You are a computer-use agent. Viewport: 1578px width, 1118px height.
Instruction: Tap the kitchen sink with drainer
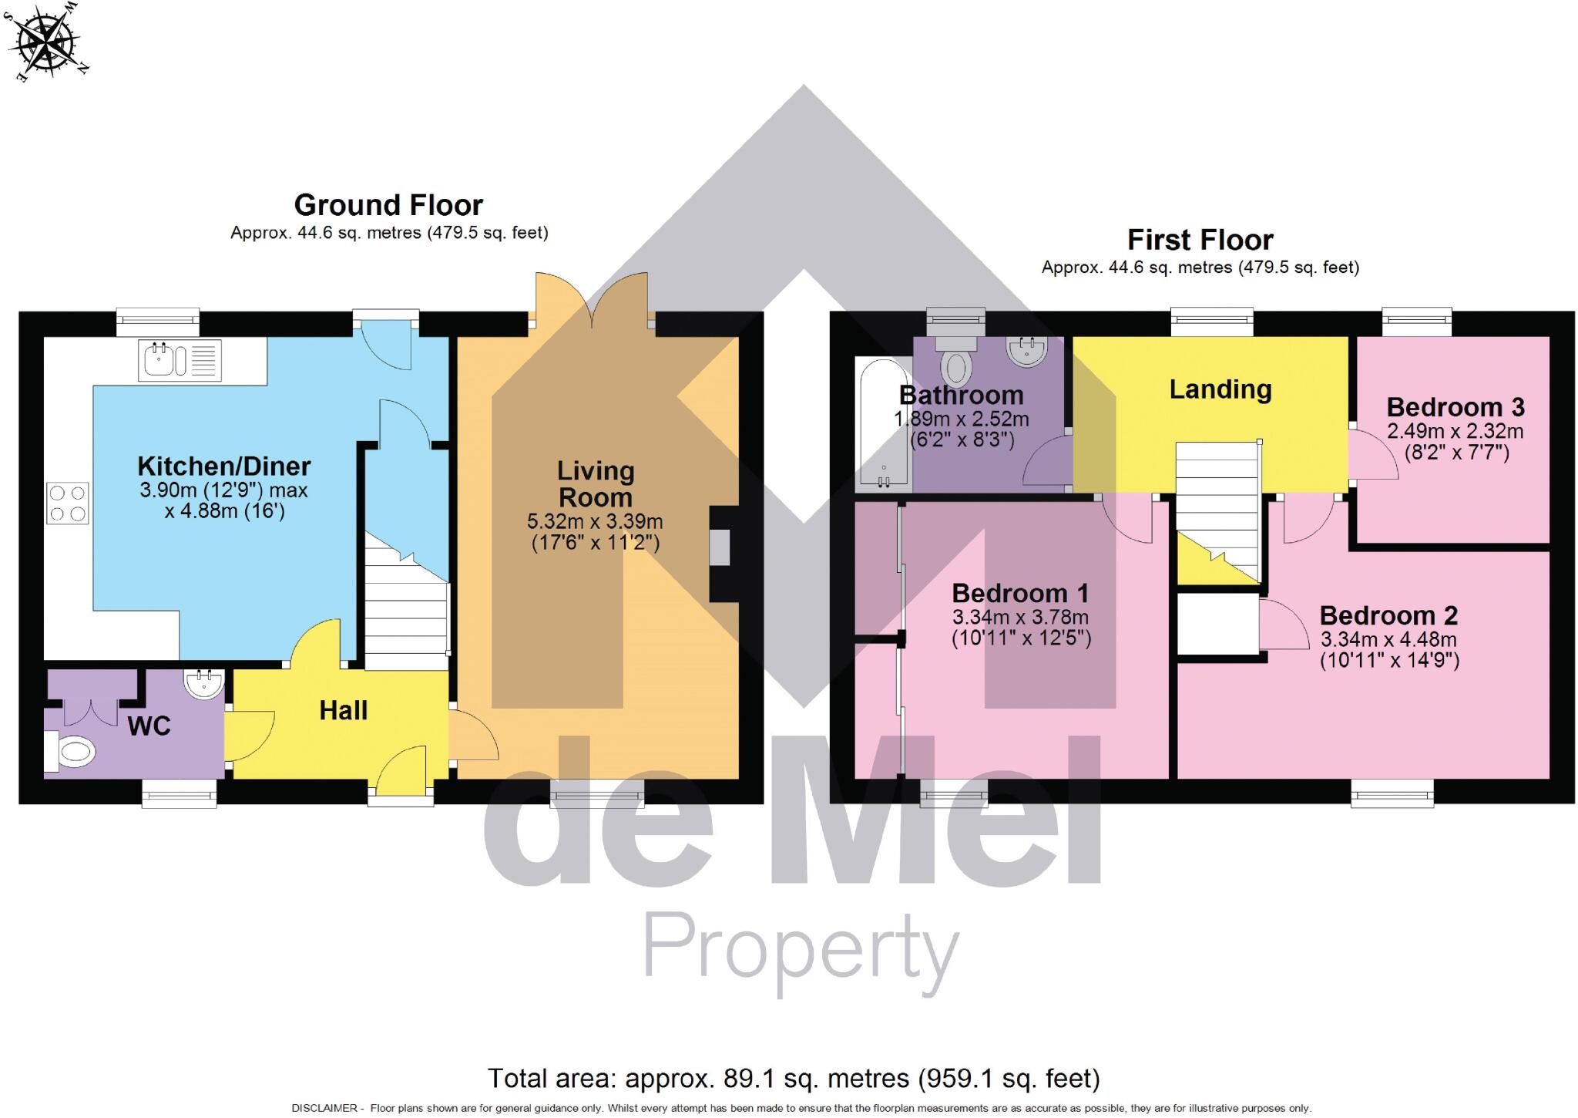click(x=180, y=360)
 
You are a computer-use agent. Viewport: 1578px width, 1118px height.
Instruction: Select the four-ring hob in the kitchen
click(x=67, y=503)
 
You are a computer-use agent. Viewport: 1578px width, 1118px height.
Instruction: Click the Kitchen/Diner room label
click(x=223, y=466)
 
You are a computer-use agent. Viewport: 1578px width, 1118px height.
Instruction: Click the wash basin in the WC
click(x=203, y=682)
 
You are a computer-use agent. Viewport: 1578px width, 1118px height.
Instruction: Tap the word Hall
click(x=343, y=710)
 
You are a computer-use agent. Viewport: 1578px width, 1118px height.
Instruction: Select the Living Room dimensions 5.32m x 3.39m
click(x=595, y=522)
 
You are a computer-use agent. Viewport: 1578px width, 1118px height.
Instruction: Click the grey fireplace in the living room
click(x=719, y=547)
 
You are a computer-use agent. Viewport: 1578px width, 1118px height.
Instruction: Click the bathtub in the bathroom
click(x=883, y=424)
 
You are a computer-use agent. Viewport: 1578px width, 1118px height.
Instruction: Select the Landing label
click(x=1220, y=389)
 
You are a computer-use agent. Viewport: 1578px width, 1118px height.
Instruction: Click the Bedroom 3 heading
click(x=1455, y=406)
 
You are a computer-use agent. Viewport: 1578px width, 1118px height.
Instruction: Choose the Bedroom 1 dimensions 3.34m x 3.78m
click(x=1020, y=617)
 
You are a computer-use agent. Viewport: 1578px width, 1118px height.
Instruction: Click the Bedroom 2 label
click(x=1388, y=615)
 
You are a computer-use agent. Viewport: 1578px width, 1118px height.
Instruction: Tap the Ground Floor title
click(x=388, y=205)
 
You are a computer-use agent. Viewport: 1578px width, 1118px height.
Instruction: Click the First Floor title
click(x=1200, y=240)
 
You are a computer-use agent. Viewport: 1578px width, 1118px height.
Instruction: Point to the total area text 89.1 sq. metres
click(x=794, y=1078)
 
